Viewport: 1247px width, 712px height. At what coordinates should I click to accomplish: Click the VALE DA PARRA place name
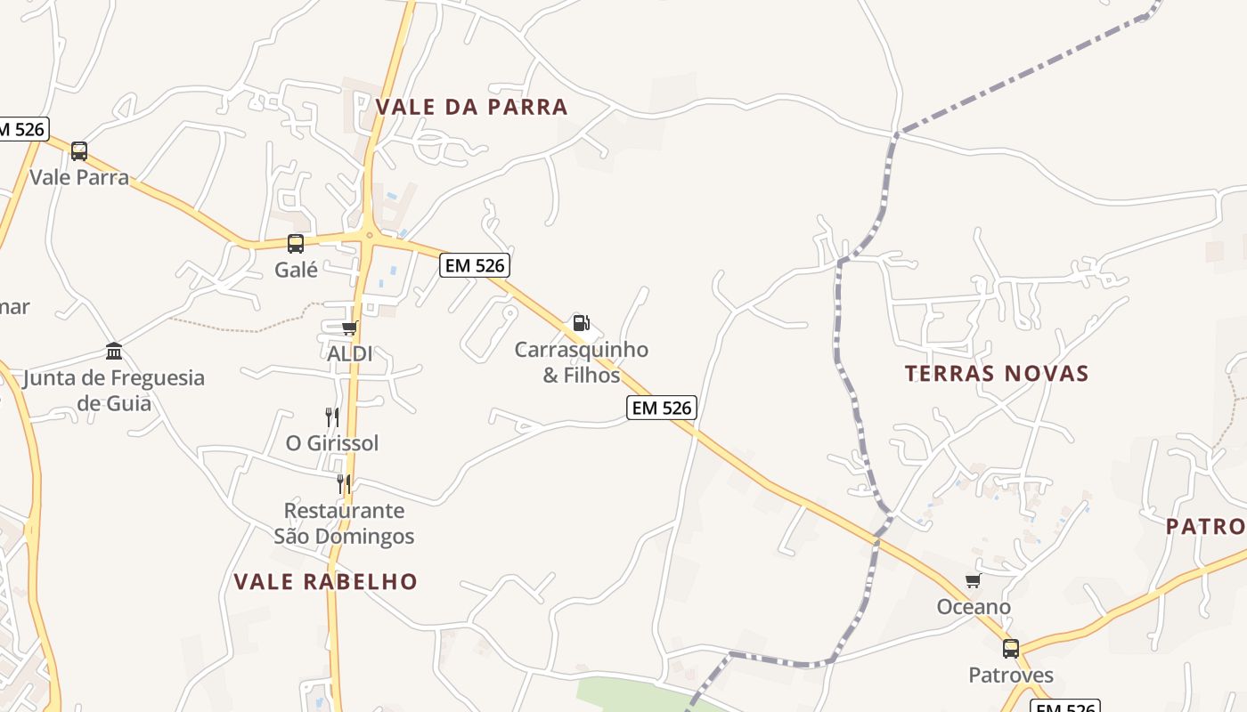(471, 108)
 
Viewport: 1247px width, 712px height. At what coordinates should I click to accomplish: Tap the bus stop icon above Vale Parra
(79, 151)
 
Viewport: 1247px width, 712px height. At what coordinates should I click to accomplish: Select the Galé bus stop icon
(296, 243)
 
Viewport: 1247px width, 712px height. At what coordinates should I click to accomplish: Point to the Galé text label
(296, 270)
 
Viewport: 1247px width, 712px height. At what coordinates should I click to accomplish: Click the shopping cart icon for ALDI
(349, 328)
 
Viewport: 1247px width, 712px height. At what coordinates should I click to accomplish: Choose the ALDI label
(349, 354)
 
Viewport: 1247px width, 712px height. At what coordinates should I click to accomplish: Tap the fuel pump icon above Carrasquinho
(581, 322)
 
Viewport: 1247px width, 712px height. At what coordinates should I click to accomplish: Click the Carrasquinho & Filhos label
(581, 362)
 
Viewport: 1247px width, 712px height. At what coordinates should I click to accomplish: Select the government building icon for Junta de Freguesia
(114, 351)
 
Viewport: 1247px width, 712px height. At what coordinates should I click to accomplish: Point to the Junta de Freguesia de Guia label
(114, 390)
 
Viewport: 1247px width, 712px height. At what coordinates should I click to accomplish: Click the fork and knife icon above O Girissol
(332, 417)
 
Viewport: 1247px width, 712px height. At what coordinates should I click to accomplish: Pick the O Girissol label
(332, 443)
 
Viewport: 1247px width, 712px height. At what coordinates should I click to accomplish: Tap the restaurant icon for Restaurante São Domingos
(344, 484)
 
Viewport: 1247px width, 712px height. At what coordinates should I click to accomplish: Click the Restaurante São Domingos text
(344, 523)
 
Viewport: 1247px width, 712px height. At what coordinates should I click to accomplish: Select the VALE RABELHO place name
(325, 582)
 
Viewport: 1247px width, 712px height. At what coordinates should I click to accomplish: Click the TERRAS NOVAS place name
(997, 374)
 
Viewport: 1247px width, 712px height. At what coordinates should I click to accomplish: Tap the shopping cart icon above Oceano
(974, 581)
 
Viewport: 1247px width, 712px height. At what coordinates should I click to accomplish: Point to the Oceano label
(974, 608)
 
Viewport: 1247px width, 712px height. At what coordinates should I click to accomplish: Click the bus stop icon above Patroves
(1011, 649)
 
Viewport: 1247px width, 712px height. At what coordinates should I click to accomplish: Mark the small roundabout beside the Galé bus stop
(369, 236)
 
